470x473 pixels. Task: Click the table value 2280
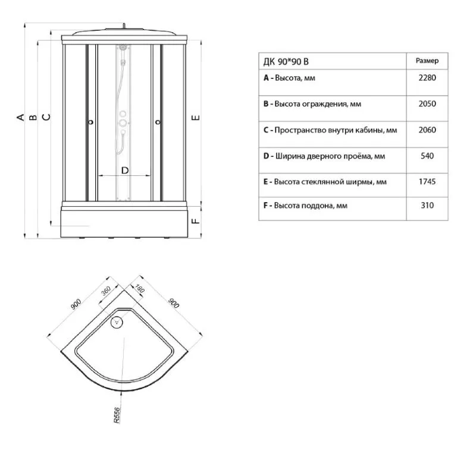(x=427, y=78)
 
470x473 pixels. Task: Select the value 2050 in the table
(x=427, y=104)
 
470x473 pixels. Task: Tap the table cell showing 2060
(x=427, y=130)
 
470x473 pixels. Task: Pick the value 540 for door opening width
(x=427, y=156)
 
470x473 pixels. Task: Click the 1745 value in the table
(x=427, y=182)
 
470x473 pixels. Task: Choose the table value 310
(x=427, y=206)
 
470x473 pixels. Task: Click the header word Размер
(x=427, y=61)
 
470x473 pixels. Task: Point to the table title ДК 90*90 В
(x=286, y=62)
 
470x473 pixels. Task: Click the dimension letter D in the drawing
(x=125, y=171)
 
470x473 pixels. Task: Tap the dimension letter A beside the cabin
(x=20, y=117)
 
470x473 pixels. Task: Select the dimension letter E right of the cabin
(x=196, y=117)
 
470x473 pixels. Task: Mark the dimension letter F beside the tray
(x=196, y=221)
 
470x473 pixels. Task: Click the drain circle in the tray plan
(x=117, y=322)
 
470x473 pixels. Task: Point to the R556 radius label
(x=117, y=415)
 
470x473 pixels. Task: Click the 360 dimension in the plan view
(x=106, y=291)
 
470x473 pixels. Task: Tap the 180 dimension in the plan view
(x=139, y=289)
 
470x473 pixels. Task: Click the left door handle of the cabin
(x=90, y=122)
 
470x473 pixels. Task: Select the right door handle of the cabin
(x=158, y=122)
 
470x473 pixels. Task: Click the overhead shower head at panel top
(x=123, y=48)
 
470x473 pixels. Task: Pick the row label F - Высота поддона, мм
(x=305, y=206)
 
